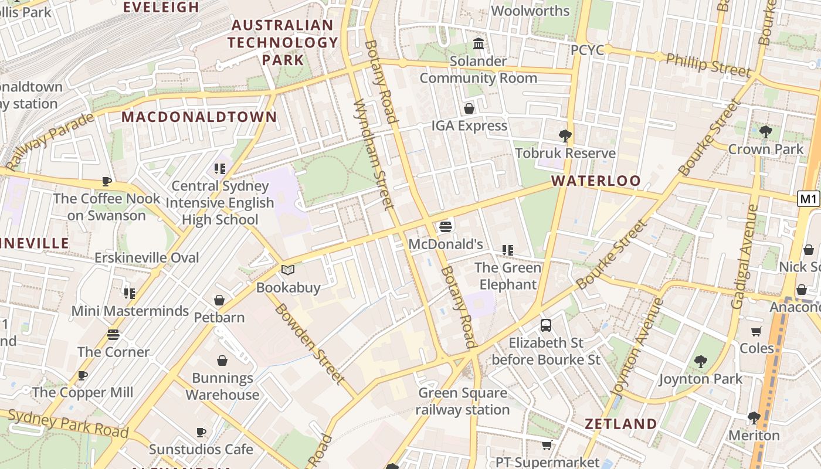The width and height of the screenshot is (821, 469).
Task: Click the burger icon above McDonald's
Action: pos(446,226)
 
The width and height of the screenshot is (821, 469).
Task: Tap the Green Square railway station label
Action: pos(462,402)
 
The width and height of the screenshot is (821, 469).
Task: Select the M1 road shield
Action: pos(809,199)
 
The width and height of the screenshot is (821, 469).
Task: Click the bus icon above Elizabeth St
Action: pos(546,325)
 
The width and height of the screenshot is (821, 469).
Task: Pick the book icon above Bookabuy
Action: pos(287,270)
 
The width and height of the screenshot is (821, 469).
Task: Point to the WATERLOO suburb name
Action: pos(596,181)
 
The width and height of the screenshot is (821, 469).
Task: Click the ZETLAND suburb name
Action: pos(620,424)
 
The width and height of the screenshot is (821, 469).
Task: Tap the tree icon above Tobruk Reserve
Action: pos(565,136)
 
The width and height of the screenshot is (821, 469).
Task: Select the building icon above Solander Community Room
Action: pos(479,44)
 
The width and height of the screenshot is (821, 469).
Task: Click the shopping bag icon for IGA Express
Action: pos(469,108)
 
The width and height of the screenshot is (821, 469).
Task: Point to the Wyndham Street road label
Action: pos(373,154)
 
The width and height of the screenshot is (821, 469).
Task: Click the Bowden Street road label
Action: pos(308,344)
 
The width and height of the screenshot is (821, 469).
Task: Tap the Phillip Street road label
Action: pos(708,64)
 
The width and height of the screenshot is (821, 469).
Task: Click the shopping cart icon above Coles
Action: pos(756,331)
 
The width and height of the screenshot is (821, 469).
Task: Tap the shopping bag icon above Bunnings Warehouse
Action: pos(222,360)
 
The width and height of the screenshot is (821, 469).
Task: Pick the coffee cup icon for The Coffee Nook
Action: pos(106,181)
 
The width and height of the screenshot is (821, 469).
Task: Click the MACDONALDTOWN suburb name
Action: pos(199,117)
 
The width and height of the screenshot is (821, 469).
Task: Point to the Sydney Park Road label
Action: pos(68,423)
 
